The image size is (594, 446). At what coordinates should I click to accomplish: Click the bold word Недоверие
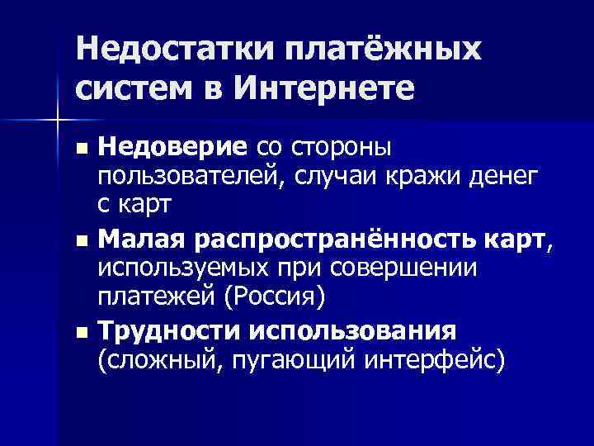[x=172, y=148]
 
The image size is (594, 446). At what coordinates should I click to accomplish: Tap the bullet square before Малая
[x=80, y=244]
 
